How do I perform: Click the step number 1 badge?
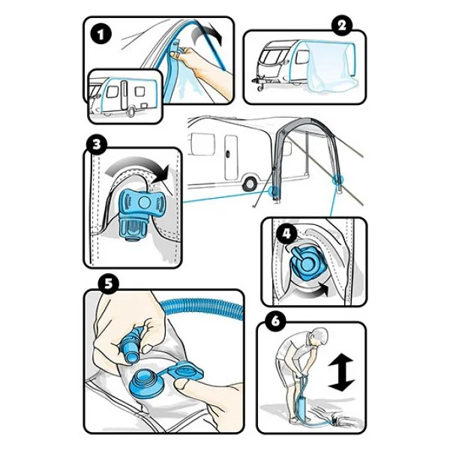click(100, 34)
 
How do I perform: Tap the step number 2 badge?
click(342, 25)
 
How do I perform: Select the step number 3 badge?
click(97, 144)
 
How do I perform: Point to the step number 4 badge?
click(286, 233)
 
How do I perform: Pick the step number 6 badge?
click(275, 321)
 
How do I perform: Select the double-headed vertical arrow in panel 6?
click(341, 372)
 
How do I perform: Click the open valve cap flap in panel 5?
click(185, 371)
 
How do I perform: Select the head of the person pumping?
click(319, 337)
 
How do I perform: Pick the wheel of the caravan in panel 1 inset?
click(131, 111)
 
